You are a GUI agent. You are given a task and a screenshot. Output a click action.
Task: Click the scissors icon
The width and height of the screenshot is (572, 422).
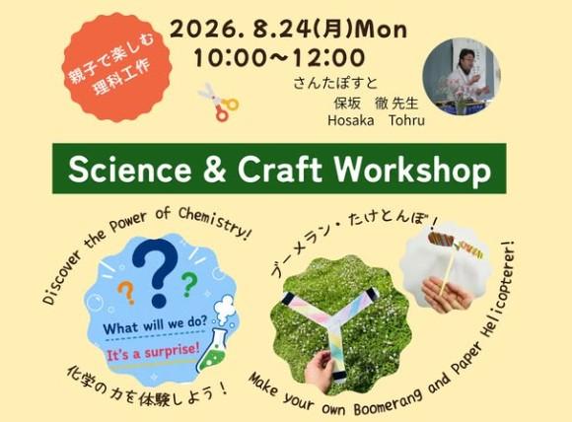click(219, 102)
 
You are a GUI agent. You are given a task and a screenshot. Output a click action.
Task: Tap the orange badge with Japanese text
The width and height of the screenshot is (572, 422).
click(116, 67)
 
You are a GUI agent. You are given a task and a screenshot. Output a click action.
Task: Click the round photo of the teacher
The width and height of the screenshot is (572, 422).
click(462, 77)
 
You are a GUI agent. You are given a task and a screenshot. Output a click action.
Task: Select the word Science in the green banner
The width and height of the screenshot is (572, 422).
click(129, 170)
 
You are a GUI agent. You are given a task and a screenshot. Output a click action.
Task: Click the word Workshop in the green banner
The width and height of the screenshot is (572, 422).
click(412, 170)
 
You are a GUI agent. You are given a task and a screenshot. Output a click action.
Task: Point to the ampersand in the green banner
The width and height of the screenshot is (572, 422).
click(215, 170)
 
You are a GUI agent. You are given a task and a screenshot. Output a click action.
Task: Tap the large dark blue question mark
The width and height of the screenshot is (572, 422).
click(155, 273)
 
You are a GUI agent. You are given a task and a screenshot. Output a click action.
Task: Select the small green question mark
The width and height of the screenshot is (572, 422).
click(189, 284)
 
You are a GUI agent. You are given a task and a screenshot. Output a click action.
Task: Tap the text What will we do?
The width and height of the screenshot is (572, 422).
click(155, 325)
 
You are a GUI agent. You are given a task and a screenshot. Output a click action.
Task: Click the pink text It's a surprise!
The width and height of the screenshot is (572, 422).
click(153, 352)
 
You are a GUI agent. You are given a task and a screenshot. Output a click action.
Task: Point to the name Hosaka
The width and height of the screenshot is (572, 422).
click(350, 120)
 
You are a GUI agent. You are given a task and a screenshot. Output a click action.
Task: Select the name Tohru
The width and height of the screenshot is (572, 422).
click(406, 120)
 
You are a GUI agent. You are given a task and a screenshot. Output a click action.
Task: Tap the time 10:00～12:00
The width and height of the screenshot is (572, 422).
click(279, 58)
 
